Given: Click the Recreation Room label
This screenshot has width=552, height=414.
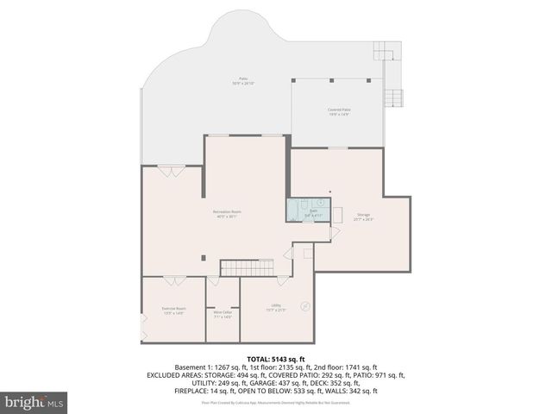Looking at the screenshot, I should click(x=228, y=213).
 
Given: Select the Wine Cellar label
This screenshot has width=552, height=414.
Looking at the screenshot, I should click(x=223, y=314).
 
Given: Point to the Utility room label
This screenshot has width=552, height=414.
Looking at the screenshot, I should click(x=276, y=307).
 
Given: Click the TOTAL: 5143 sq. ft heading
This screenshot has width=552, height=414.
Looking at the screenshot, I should click(x=275, y=358).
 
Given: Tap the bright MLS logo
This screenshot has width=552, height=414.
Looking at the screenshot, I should click(x=33, y=401).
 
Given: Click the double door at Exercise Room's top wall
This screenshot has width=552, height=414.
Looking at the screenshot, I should click(x=171, y=279).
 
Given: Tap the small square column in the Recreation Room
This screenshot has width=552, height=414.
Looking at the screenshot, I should click(x=204, y=255).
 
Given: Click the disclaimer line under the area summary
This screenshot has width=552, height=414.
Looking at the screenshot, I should click(x=275, y=402).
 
